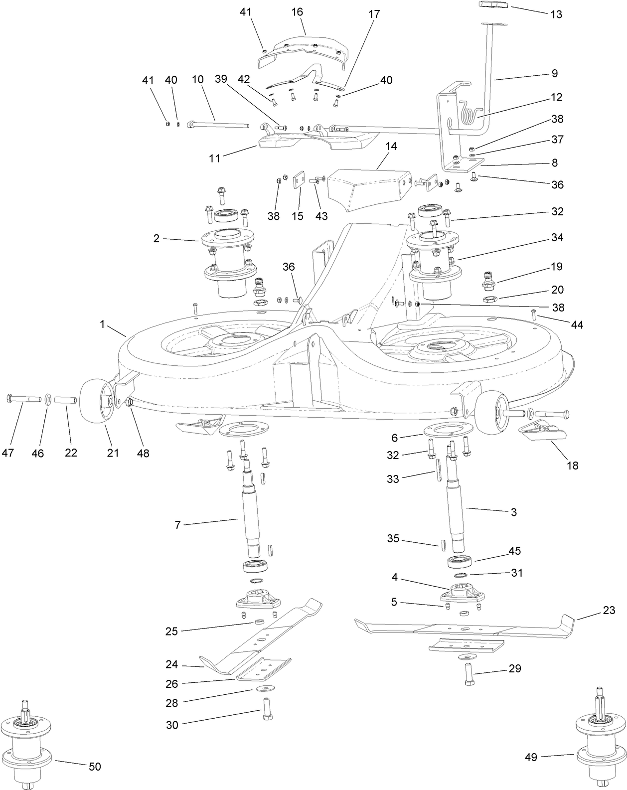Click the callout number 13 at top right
click(556, 14)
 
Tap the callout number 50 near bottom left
click(94, 767)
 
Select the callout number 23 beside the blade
click(609, 611)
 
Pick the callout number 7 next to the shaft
click(177, 525)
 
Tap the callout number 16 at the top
click(297, 12)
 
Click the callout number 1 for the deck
click(102, 324)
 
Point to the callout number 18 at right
click(573, 466)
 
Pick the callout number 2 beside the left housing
click(157, 239)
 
